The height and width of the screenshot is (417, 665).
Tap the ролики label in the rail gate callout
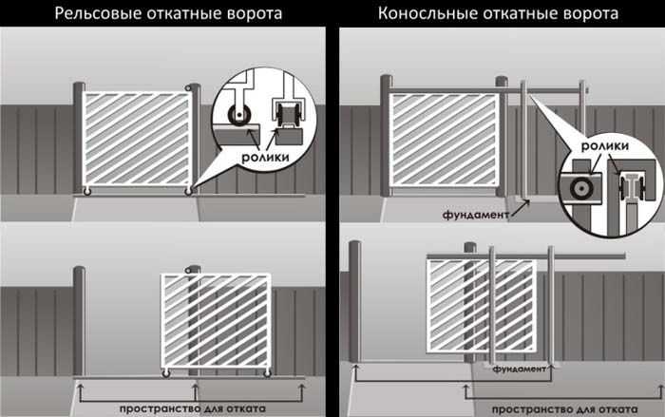click(263, 159)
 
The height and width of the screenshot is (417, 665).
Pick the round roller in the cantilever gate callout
click(579, 187)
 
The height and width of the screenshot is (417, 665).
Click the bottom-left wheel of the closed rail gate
click(88, 193)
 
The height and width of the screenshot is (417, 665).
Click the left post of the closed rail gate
click(79, 138)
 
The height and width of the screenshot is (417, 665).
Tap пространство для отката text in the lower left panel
click(186, 408)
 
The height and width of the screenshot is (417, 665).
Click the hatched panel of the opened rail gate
click(217, 320)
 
